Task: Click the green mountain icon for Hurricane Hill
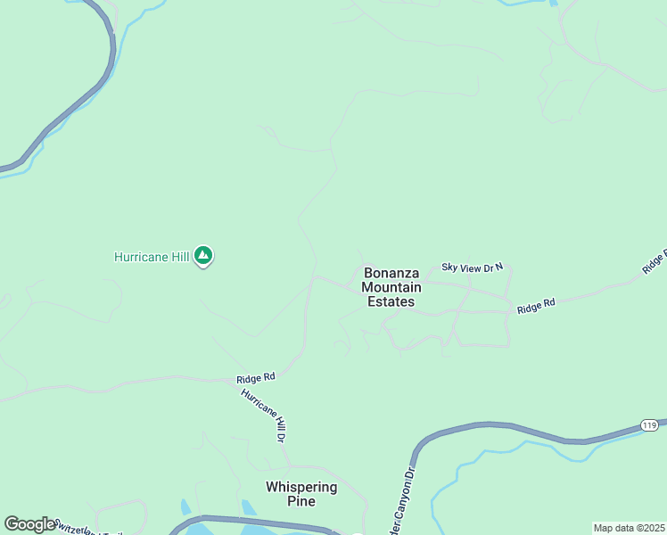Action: pos(204,257)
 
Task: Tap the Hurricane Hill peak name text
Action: pos(152,257)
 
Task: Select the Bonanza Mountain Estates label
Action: pos(391,287)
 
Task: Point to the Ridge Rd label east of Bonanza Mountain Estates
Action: pos(536,305)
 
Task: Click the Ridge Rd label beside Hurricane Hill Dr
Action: pos(256,378)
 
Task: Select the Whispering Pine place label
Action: pos(301,494)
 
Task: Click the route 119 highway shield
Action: pos(649,425)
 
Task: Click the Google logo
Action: pos(29,524)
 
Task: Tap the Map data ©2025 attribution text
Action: pos(629,528)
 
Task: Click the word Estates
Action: pos(391,301)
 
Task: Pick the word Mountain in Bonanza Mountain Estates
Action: pos(391,287)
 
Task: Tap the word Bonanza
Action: pos(391,273)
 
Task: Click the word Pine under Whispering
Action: pos(301,501)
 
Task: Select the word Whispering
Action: pos(301,487)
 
